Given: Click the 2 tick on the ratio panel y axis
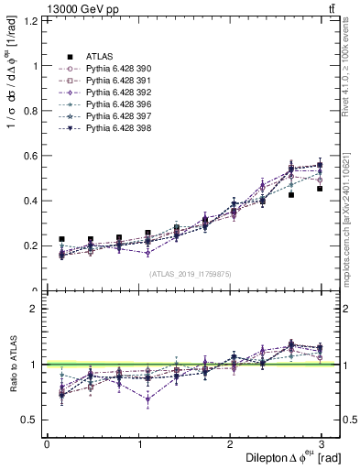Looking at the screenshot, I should coord(35,309).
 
